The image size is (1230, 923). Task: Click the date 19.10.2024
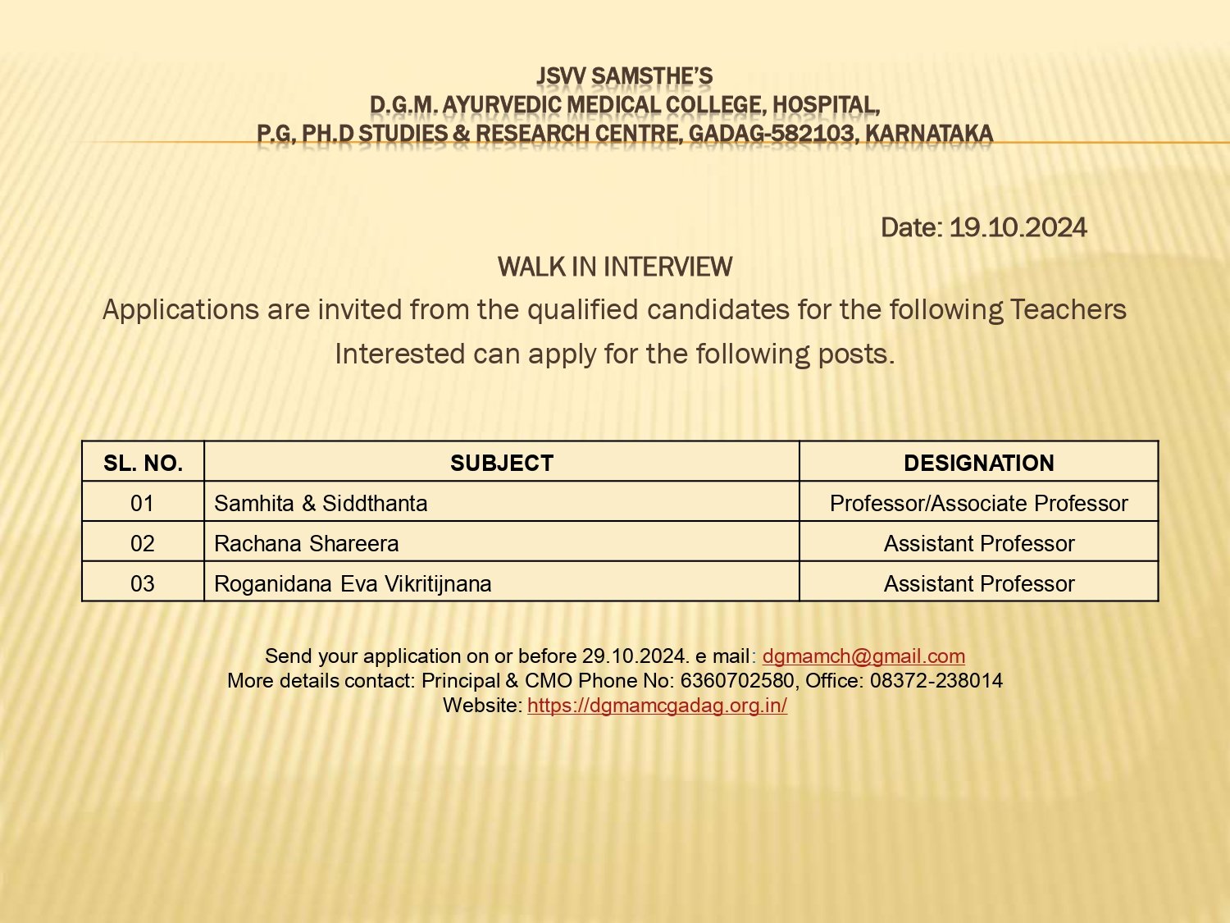(x=1018, y=227)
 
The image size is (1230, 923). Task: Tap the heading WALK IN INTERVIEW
(x=614, y=267)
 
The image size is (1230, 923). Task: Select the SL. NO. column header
(x=143, y=463)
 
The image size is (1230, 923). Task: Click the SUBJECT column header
(x=501, y=463)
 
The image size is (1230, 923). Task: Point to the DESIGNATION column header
(x=978, y=463)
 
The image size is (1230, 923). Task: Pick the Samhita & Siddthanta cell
(x=321, y=503)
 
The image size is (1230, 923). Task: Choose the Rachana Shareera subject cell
(x=306, y=543)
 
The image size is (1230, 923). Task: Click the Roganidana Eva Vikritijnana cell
(x=353, y=583)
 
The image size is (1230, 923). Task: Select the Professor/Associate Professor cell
(x=978, y=503)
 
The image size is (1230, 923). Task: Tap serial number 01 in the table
(x=142, y=503)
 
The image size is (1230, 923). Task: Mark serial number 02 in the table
(x=142, y=543)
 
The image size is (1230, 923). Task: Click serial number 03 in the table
(x=142, y=583)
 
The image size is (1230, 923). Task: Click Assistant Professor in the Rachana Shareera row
(x=978, y=543)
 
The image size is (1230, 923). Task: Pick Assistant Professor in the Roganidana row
(x=978, y=583)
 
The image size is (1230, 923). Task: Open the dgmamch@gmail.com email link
(x=863, y=656)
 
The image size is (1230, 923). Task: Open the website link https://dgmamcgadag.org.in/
(x=657, y=706)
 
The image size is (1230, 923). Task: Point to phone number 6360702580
(x=737, y=681)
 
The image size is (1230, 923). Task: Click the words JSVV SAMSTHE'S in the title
(x=624, y=76)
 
